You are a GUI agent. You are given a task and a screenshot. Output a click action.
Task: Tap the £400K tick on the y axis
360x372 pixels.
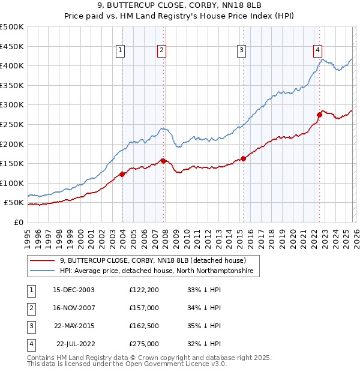pyautogui.click(x=12, y=65)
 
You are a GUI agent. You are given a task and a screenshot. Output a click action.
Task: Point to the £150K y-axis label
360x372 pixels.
pyautogui.click(x=12, y=163)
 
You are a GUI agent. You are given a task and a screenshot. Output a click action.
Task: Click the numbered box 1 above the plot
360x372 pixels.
pyautogui.click(x=121, y=50)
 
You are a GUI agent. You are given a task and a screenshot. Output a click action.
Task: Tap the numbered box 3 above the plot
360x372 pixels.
pyautogui.click(x=241, y=50)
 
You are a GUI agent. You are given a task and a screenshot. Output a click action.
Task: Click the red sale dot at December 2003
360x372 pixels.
pyautogui.click(x=122, y=174)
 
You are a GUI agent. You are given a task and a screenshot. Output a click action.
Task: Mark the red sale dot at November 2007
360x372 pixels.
pyautogui.click(x=163, y=160)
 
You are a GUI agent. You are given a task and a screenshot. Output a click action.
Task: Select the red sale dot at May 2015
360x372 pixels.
pyautogui.click(x=243, y=158)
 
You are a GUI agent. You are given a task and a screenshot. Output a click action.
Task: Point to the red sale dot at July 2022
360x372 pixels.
pyautogui.click(x=319, y=114)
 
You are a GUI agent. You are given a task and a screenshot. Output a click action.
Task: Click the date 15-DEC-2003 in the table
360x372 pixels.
pyautogui.click(x=74, y=290)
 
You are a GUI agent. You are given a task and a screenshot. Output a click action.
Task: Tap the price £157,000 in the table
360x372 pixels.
pyautogui.click(x=144, y=308)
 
